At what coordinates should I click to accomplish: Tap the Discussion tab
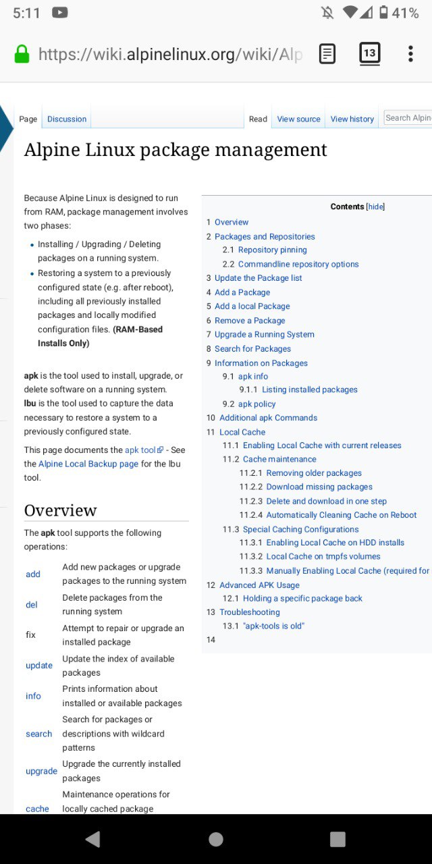[x=67, y=119]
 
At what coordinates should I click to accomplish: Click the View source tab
[x=298, y=119]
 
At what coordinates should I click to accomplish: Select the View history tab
[x=352, y=119]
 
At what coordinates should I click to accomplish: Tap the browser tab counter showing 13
[x=369, y=53]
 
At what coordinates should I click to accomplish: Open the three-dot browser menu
[x=410, y=53]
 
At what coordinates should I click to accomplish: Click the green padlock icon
[x=22, y=54]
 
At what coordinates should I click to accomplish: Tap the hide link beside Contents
[x=375, y=207]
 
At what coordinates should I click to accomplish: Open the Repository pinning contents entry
[x=272, y=250]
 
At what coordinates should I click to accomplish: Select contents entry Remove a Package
[x=250, y=321]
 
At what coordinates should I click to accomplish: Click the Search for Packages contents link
[x=252, y=349]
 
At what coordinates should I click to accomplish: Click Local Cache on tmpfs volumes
[x=323, y=556]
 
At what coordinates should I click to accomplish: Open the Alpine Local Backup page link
[x=88, y=464]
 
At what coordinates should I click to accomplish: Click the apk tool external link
[x=144, y=450]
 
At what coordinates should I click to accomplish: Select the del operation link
[x=32, y=605]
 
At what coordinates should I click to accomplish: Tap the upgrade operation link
[x=41, y=771]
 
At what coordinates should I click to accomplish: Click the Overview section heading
[x=61, y=510]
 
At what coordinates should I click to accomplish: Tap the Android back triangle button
[x=93, y=839]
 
